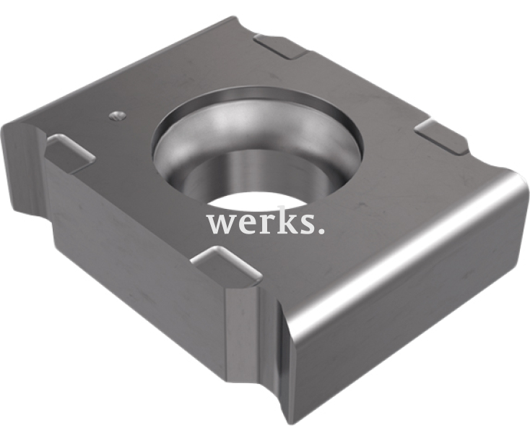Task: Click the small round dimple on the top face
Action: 117,116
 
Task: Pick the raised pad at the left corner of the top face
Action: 70,151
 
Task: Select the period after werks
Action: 321,231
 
